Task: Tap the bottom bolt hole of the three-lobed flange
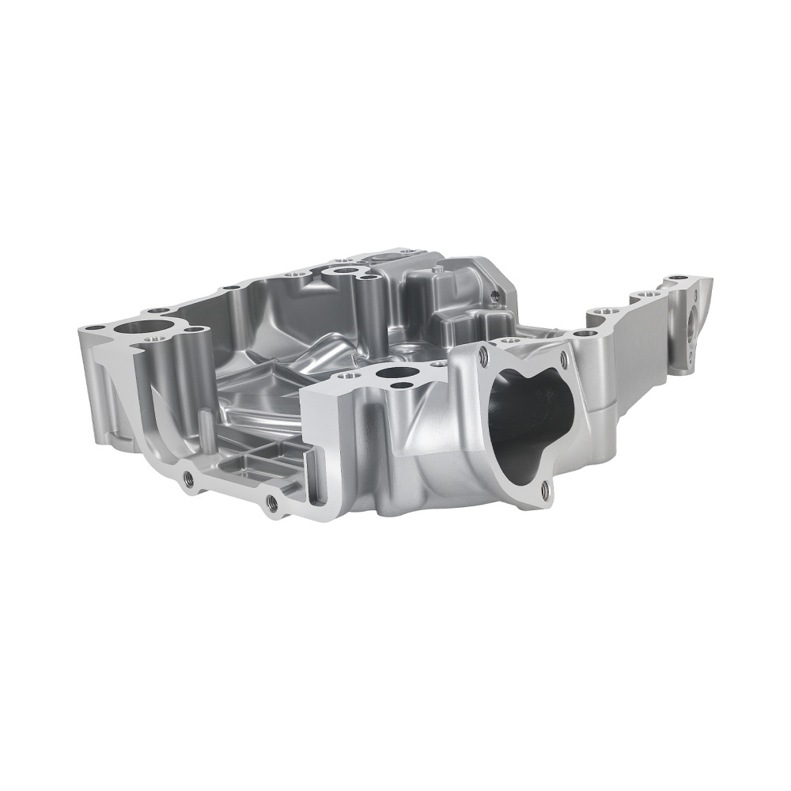coord(546,493)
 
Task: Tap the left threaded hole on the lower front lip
coord(188,478)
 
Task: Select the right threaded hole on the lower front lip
coord(271,501)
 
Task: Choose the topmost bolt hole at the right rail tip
coord(678,279)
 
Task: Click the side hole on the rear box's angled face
coord(494,297)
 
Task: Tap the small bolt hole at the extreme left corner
coord(94,327)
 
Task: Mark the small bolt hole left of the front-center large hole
coord(346,376)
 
